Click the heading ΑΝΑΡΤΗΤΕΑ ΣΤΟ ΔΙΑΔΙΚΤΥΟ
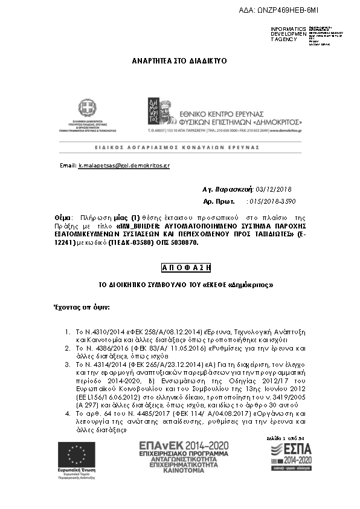point(179,62)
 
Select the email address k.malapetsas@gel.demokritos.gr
point(124,165)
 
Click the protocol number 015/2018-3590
point(272,201)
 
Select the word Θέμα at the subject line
point(62,216)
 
